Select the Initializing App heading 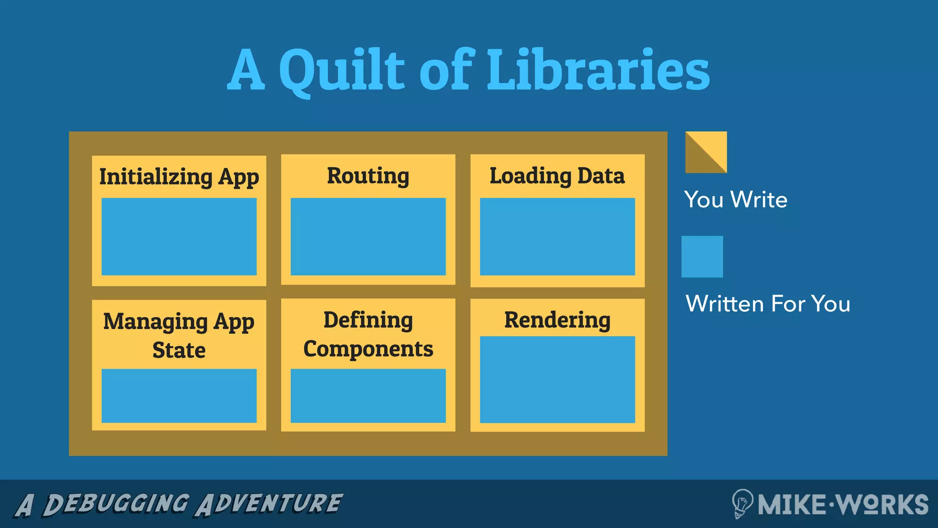pyautogui.click(x=179, y=177)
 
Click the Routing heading pyautogui.click(x=368, y=176)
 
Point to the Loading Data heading pyautogui.click(x=557, y=176)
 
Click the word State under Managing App pyautogui.click(x=179, y=350)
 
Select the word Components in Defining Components pyautogui.click(x=368, y=349)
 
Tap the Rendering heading pyautogui.click(x=557, y=320)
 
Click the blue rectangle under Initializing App pyautogui.click(x=179, y=236)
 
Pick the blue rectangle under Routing pyautogui.click(x=368, y=236)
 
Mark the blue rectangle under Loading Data pyautogui.click(x=557, y=236)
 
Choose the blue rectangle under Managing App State pyautogui.click(x=179, y=396)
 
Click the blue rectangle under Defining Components pyautogui.click(x=368, y=396)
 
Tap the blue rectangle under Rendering pyautogui.click(x=557, y=379)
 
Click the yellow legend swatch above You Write pyautogui.click(x=706, y=152)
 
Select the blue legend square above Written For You pyautogui.click(x=702, y=257)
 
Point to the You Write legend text pyautogui.click(x=736, y=199)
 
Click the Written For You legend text pyautogui.click(x=768, y=303)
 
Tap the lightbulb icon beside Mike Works pyautogui.click(x=742, y=503)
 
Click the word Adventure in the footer pyautogui.click(x=269, y=504)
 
